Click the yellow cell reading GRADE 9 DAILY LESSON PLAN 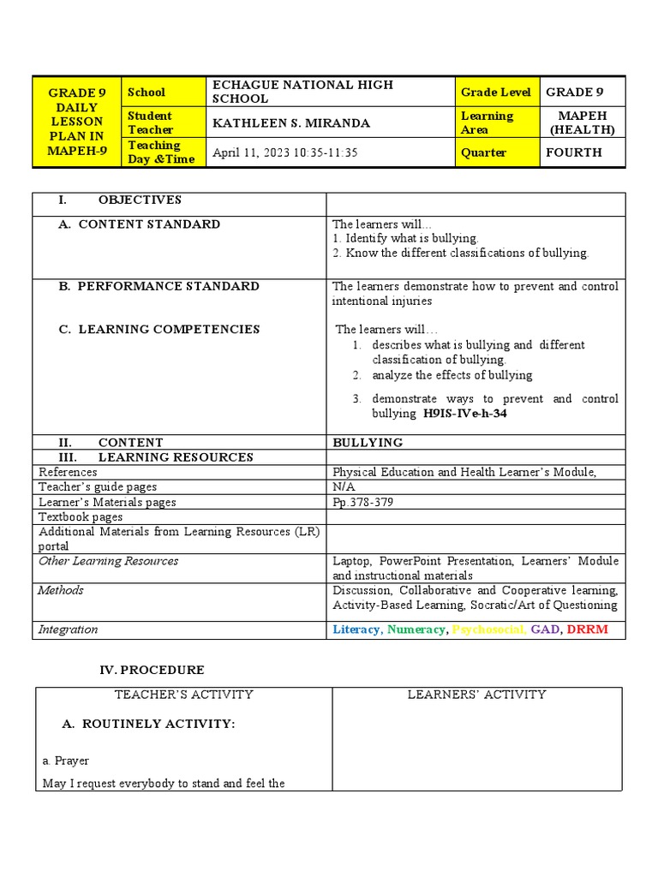click(x=76, y=122)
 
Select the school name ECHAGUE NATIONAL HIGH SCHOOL click(x=302, y=92)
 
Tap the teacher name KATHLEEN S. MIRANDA click(x=291, y=122)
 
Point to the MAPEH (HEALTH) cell click(x=583, y=122)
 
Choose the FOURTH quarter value click(x=573, y=152)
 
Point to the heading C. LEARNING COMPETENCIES click(x=169, y=329)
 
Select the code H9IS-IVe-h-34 click(x=471, y=414)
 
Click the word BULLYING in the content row click(x=368, y=443)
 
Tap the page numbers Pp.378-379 click(x=363, y=502)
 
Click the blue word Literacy click(x=356, y=629)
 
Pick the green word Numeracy click(x=416, y=629)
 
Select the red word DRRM click(x=587, y=629)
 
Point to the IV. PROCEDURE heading click(x=152, y=670)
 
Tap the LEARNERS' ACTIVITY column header click(x=476, y=695)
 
